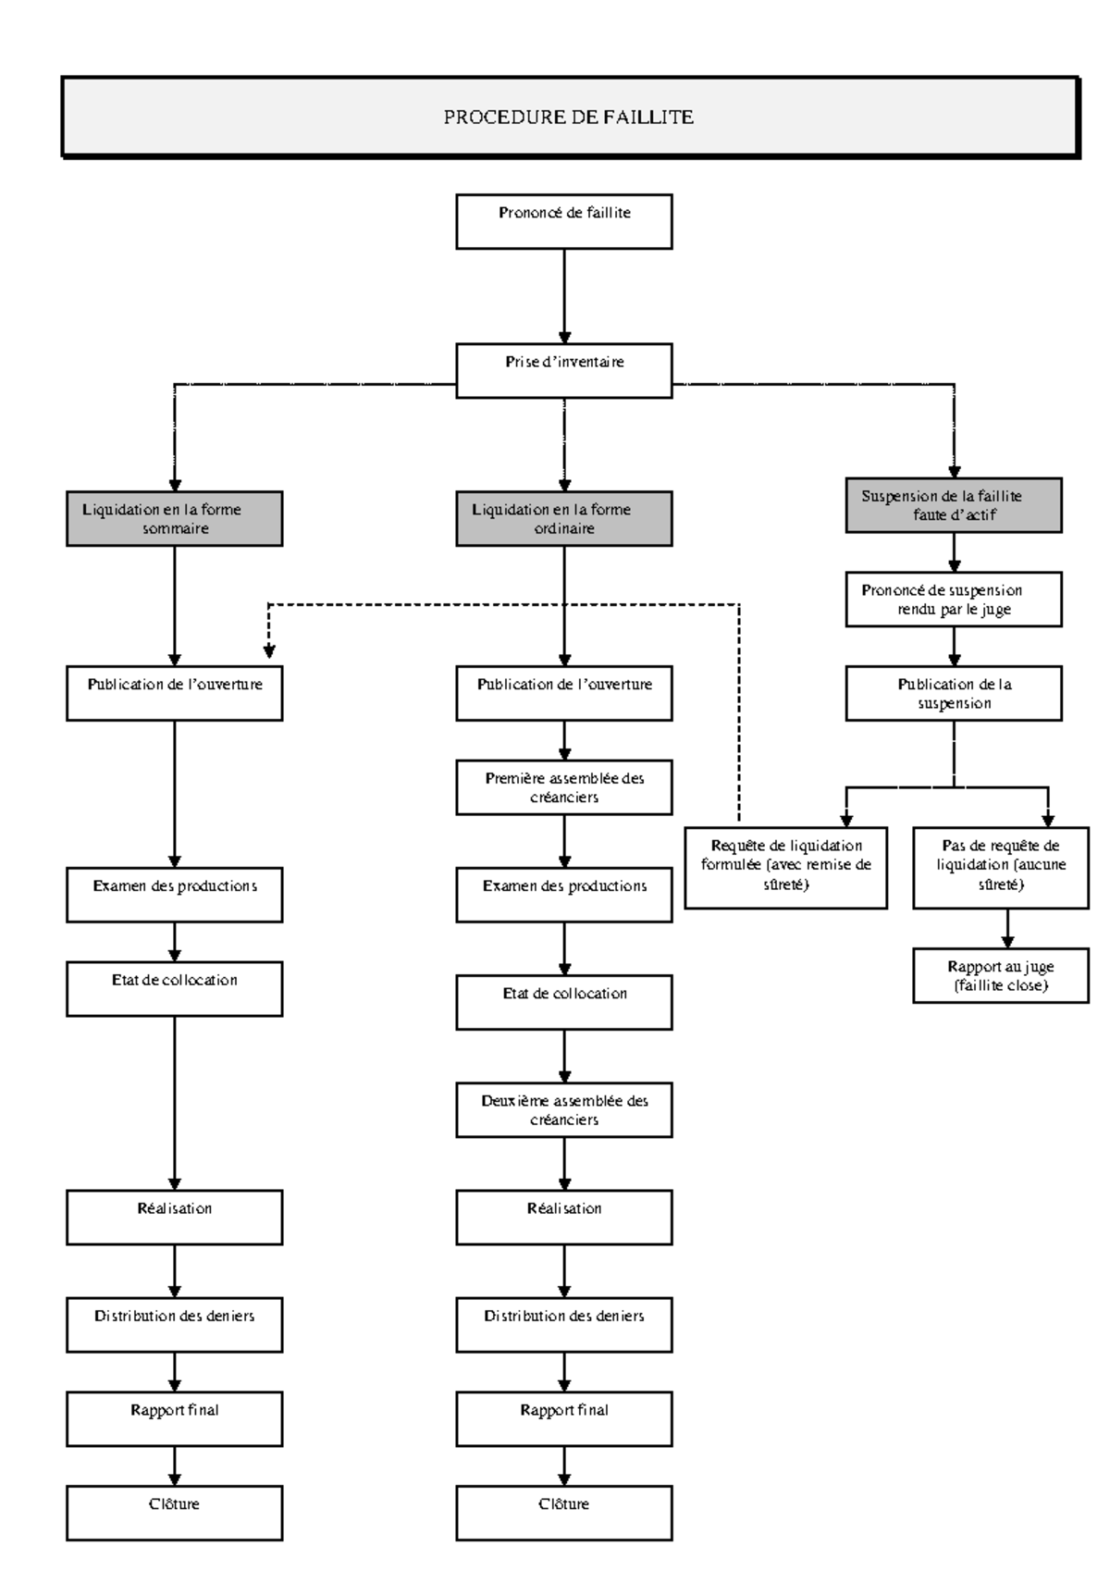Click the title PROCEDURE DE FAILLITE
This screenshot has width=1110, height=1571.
point(569,118)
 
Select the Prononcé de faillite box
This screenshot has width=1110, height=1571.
point(564,221)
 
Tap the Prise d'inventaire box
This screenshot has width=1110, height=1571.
point(564,371)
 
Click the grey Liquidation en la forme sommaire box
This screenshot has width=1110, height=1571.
point(174,519)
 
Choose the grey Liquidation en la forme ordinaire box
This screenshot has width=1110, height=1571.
point(564,519)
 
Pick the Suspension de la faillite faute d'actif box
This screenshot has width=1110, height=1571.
point(954,505)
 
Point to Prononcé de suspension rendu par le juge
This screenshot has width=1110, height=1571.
point(954,600)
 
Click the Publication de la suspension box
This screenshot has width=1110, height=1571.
point(954,694)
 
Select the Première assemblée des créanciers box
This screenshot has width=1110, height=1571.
point(564,787)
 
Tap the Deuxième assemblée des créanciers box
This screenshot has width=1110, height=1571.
point(564,1110)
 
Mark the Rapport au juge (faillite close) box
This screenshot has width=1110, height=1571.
point(1001,975)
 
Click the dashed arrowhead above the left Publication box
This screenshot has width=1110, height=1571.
point(269,652)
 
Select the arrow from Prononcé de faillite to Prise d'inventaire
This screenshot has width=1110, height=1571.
point(564,296)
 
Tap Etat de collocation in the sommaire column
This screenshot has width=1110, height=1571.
point(174,989)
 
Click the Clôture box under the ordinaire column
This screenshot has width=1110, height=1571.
point(564,1513)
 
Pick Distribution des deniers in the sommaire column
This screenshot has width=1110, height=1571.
point(174,1325)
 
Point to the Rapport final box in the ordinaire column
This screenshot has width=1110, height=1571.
point(564,1419)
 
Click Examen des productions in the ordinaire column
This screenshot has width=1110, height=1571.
point(564,895)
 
